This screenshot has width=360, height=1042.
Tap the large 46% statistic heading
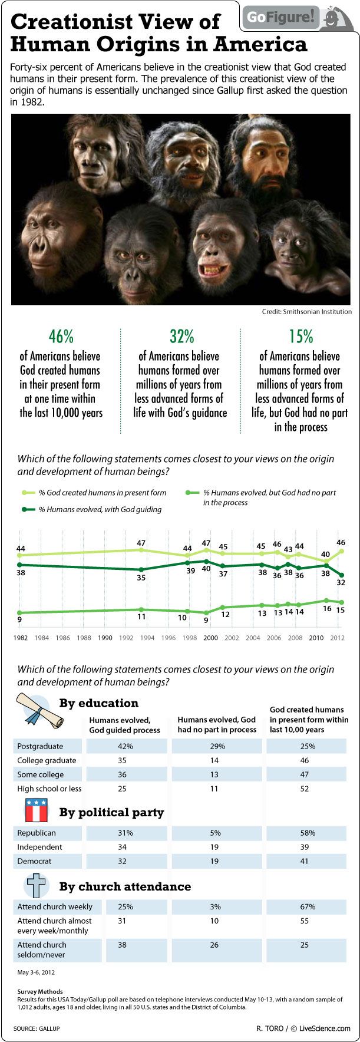pos(61,336)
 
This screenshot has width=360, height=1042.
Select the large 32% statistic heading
pos(181,336)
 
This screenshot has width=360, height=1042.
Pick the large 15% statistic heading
pos(300,336)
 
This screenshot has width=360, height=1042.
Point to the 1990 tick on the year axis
pos(105,638)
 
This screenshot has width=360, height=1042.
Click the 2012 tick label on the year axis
pos(338,638)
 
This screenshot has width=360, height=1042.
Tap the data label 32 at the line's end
pos(341,582)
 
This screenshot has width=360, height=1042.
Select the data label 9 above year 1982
pos(19,619)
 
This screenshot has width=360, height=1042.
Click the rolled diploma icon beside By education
pos(35,711)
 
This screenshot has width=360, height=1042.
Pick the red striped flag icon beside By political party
pos(36,811)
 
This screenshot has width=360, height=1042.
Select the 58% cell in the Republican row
pos(308,833)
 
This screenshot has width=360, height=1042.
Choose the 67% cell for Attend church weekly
pos(308,906)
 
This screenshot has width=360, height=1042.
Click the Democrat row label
pos(34,861)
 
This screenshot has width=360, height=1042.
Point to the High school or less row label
pos(49,789)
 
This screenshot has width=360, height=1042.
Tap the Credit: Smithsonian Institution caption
pos(306,312)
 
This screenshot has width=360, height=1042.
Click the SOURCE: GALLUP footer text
pos(37,1028)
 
